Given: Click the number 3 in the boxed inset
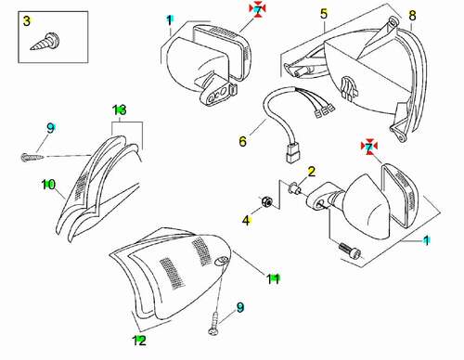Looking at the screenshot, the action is click(27, 21).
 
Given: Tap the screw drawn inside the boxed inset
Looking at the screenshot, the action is click(45, 42).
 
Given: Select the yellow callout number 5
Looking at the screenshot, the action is click(324, 14).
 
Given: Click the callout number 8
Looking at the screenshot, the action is click(412, 16).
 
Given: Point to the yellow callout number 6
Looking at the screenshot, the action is click(243, 141).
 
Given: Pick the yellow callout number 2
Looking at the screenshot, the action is click(311, 172).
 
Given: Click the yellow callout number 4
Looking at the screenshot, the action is click(246, 221).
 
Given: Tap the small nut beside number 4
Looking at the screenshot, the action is click(266, 202).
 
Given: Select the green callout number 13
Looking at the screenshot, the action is click(120, 110).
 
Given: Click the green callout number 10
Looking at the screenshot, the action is click(48, 185).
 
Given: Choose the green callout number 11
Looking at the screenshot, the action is click(273, 279).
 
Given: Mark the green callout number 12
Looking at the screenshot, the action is click(139, 341).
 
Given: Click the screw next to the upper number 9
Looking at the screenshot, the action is click(32, 157).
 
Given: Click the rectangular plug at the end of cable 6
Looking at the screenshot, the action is click(291, 153).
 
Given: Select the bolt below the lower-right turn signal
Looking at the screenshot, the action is click(351, 251).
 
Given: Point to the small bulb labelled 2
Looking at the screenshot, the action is click(294, 188).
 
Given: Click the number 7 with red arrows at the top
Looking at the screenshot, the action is click(257, 9).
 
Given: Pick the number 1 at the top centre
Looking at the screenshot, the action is click(170, 20).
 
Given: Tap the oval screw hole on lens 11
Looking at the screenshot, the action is click(221, 261).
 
